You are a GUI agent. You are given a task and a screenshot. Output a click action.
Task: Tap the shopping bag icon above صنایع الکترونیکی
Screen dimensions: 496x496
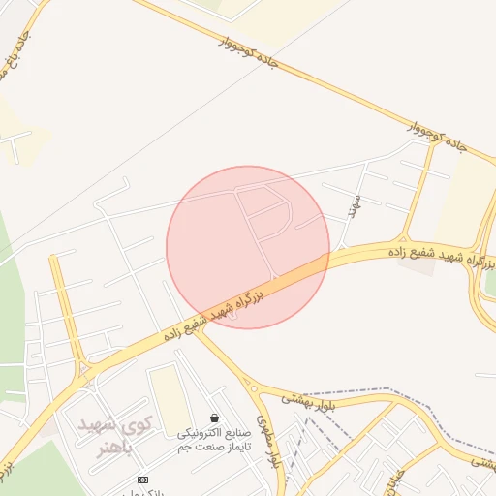[x=213, y=418]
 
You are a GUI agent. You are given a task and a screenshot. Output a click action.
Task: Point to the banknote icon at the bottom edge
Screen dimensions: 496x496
[x=143, y=480]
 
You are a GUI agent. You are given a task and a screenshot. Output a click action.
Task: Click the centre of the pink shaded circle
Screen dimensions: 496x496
[x=248, y=247]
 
